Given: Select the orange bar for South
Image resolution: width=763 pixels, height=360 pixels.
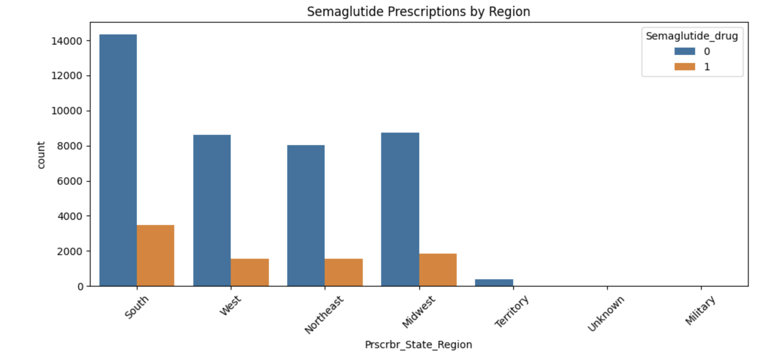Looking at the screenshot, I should click(156, 256).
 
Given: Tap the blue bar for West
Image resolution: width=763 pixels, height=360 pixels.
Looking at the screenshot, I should click(212, 210).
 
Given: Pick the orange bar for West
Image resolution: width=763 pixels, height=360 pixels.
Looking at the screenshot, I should click(250, 272).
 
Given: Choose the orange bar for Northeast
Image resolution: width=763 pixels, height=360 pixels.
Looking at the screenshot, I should click(344, 272).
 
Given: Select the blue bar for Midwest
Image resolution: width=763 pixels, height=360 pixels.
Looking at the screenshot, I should click(400, 209).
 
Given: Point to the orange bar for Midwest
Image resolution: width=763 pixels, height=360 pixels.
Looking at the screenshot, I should click(438, 270).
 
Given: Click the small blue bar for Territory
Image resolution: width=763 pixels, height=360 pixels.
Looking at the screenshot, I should click(494, 283).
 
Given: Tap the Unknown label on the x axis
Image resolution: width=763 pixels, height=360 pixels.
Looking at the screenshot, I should click(606, 314).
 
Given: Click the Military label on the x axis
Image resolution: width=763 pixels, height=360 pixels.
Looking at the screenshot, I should click(700, 311).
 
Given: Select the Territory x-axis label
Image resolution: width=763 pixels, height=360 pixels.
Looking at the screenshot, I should click(512, 311).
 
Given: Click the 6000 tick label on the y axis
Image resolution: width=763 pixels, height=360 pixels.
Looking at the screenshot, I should click(70, 181).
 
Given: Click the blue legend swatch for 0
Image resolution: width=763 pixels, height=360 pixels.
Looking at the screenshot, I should click(684, 51).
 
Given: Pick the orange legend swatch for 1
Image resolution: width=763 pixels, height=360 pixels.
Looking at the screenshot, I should click(684, 67).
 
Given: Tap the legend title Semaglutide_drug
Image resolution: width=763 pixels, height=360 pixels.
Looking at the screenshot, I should click(692, 36).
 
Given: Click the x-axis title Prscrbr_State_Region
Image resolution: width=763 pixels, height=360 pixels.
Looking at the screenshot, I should click(419, 345).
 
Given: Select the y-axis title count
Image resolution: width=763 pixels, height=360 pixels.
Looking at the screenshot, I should click(41, 155).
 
